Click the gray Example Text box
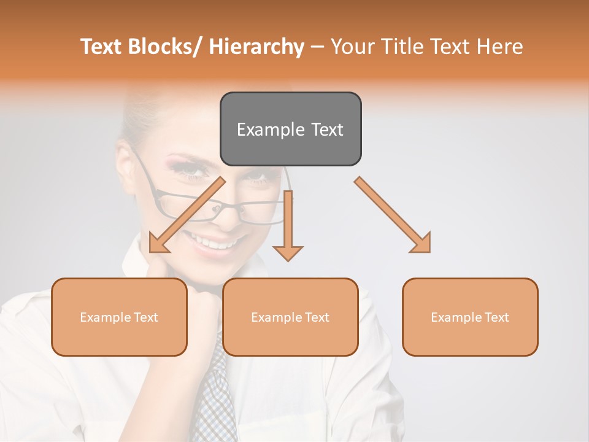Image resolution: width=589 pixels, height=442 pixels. pyautogui.click(x=290, y=129)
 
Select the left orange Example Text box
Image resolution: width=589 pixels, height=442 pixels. pyautogui.click(x=119, y=317)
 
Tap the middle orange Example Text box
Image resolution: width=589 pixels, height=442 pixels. pyautogui.click(x=290, y=317)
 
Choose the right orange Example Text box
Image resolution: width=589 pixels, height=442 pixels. pyautogui.click(x=470, y=317)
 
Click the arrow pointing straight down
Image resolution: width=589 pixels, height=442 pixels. pyautogui.click(x=288, y=227)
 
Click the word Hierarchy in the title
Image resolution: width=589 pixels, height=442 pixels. pyautogui.click(x=256, y=47)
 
